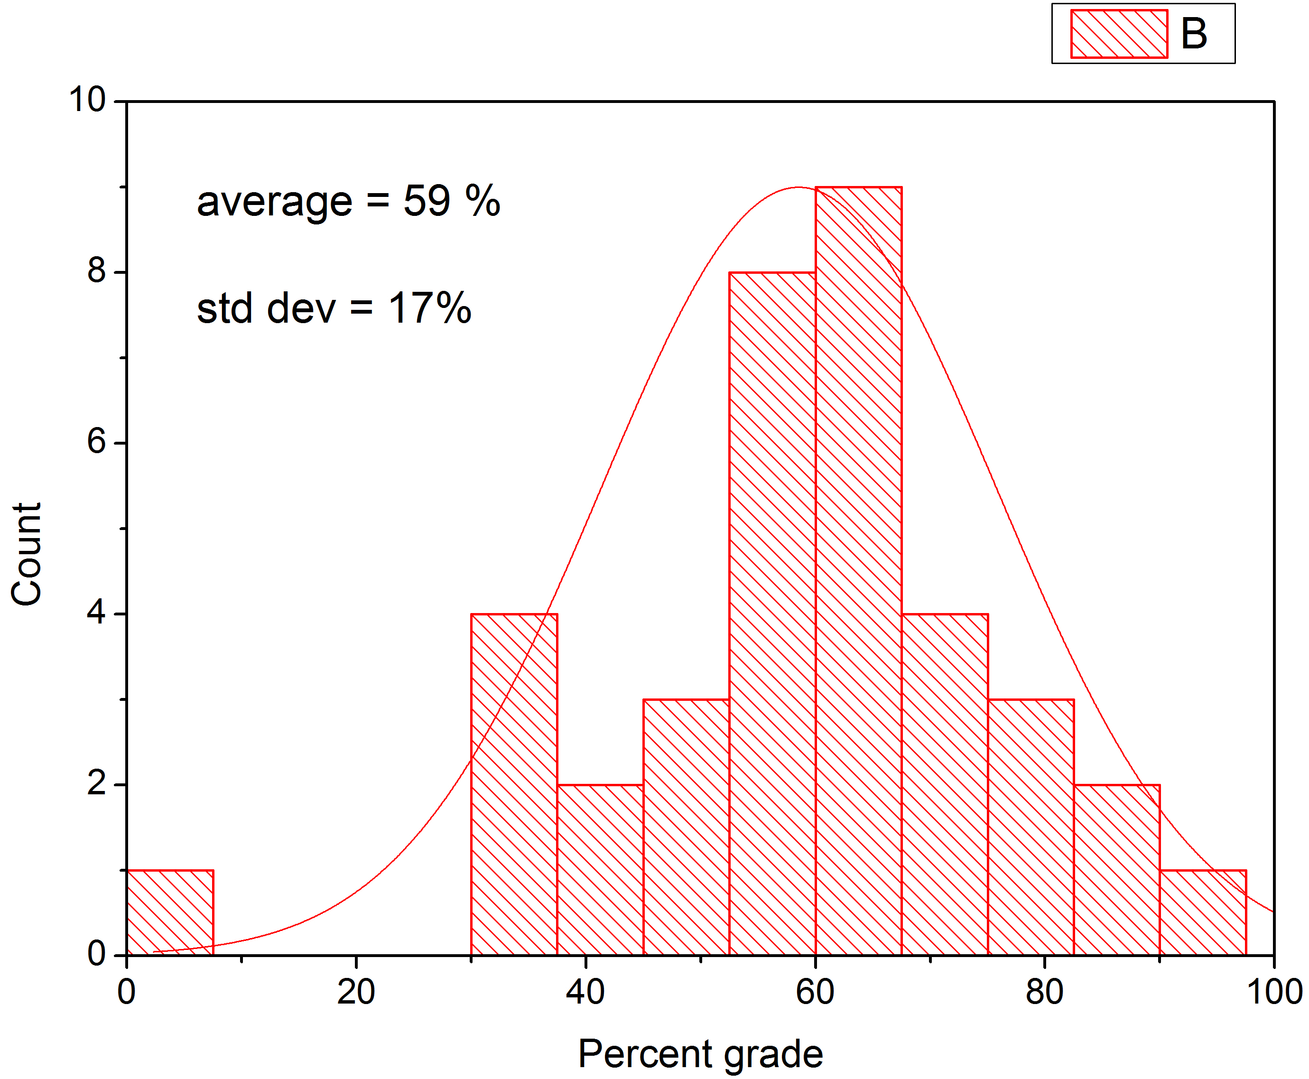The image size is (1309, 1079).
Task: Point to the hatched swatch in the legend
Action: coord(1119,34)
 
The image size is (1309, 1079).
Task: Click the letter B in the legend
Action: coord(1193,34)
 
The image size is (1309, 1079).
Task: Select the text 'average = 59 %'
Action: coord(348,202)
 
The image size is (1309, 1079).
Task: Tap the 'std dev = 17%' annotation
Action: coord(334,308)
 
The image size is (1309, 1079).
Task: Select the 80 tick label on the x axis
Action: coord(1044,992)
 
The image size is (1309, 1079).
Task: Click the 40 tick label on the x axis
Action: coord(585,992)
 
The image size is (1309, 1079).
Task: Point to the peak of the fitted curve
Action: coord(798,187)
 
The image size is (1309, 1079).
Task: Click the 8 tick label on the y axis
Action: coord(97,271)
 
